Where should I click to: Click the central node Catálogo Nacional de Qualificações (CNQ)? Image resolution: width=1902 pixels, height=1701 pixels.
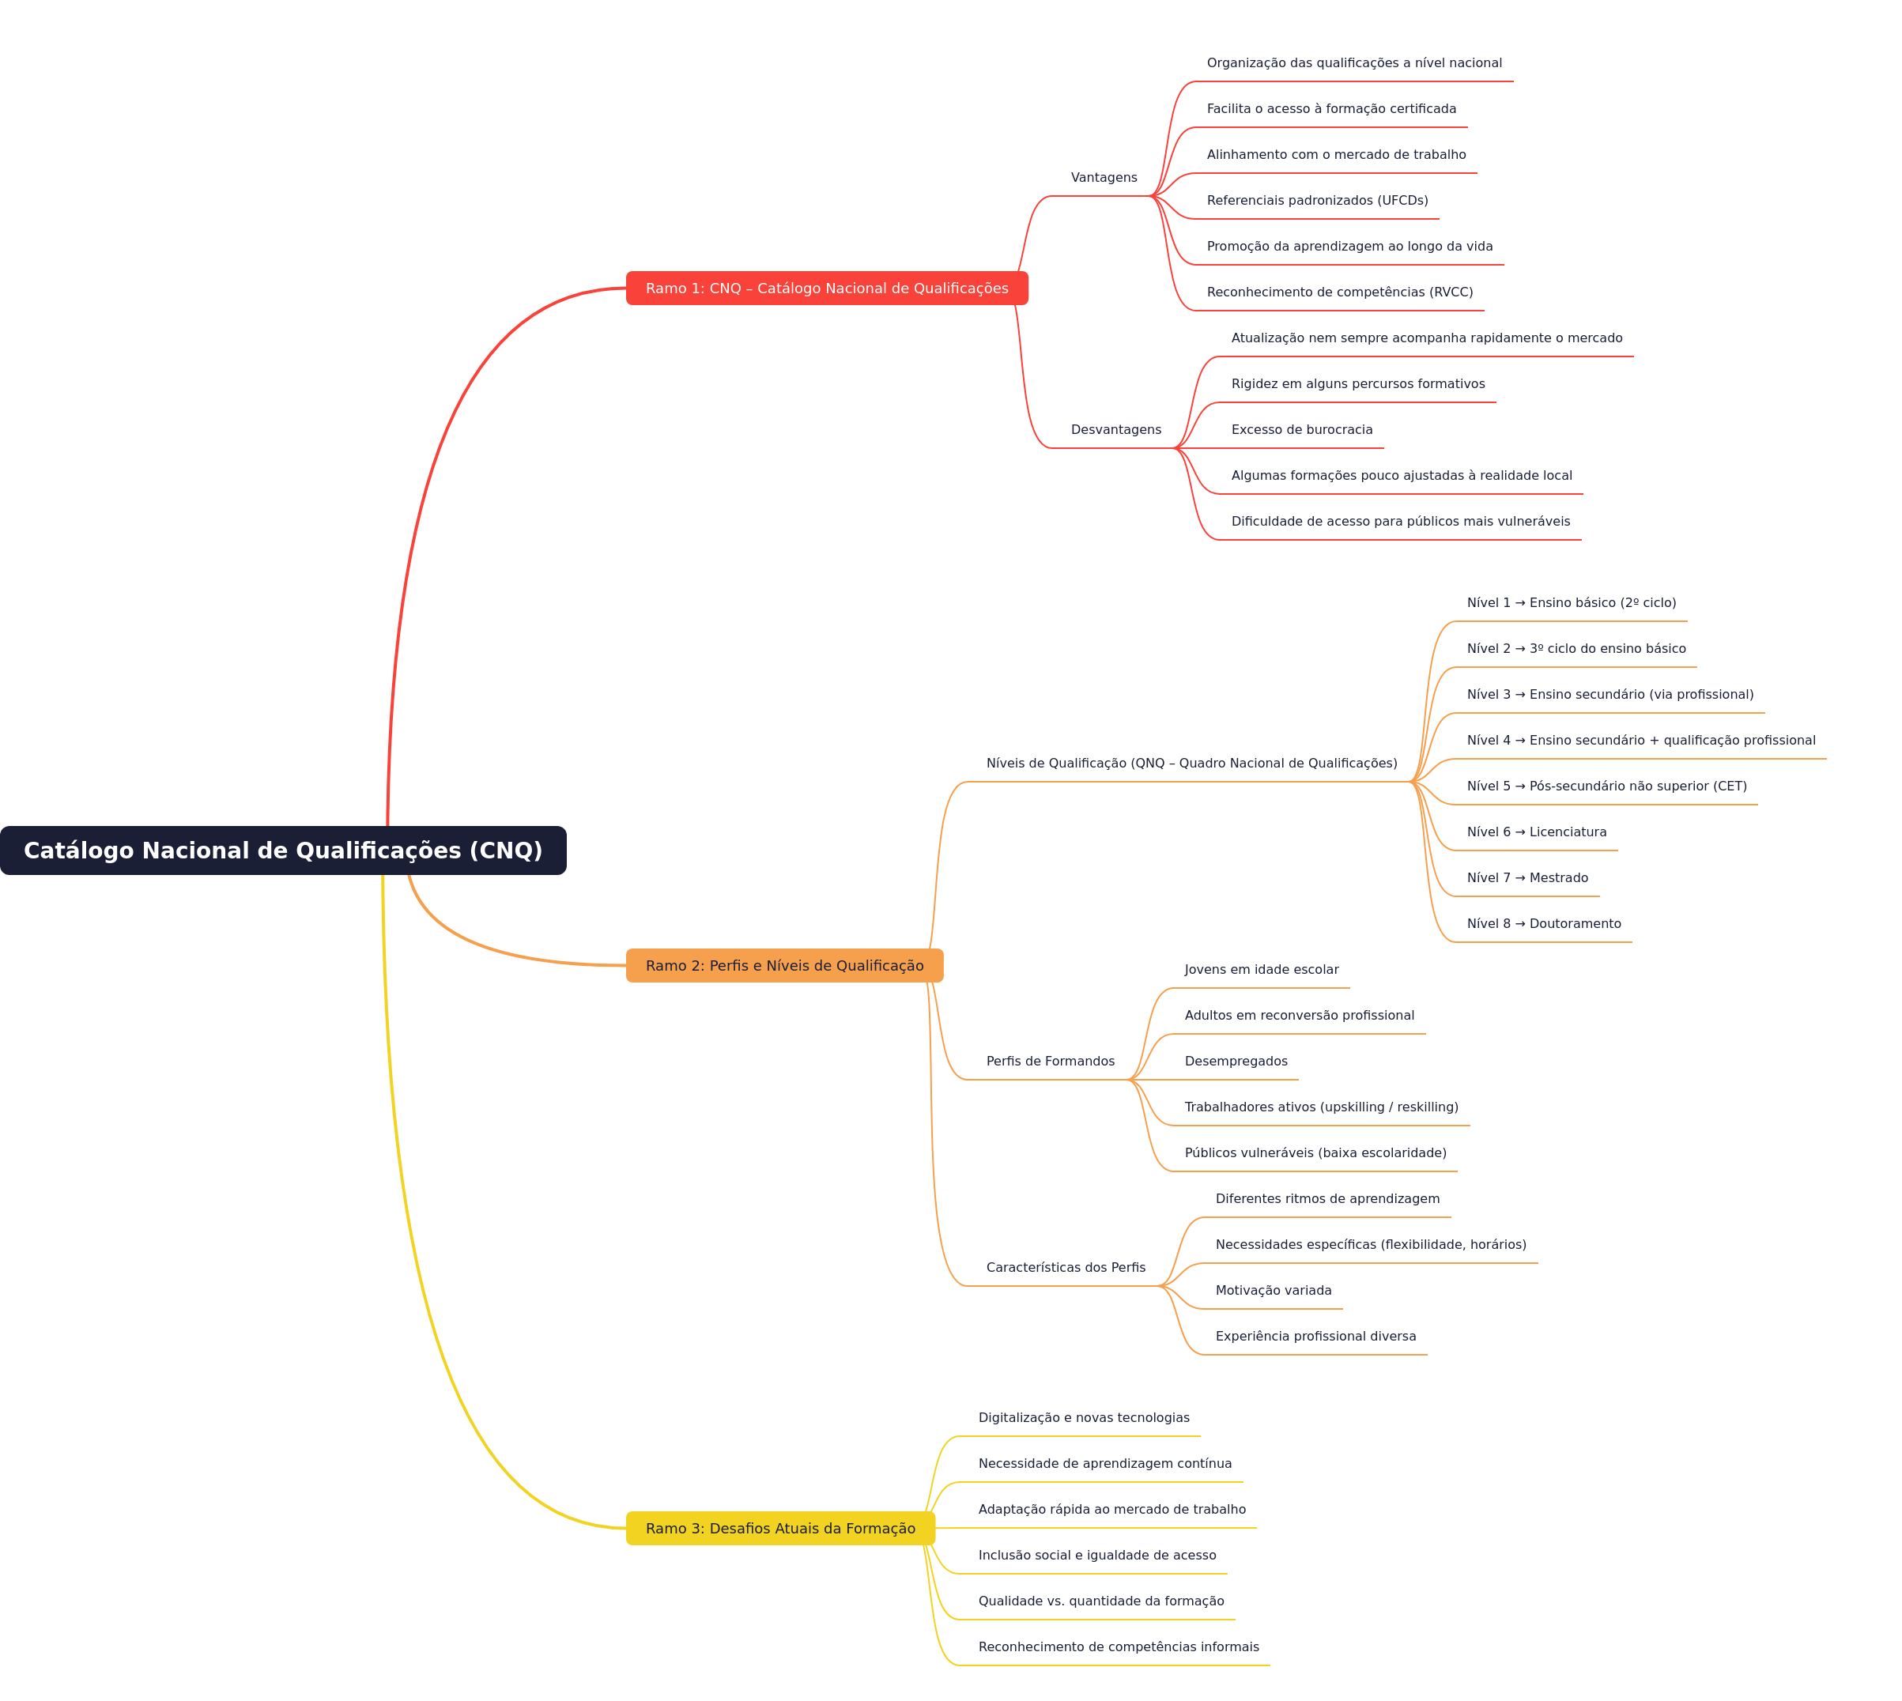tap(283, 850)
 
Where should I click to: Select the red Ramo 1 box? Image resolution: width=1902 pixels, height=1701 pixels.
tap(827, 288)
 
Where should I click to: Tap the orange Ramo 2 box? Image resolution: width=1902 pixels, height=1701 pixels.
tap(785, 965)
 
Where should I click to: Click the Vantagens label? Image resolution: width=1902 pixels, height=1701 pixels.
tap(1104, 178)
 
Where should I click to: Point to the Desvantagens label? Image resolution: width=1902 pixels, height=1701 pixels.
tap(1116, 430)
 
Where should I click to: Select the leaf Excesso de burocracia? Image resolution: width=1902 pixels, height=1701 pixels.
tap(1302, 430)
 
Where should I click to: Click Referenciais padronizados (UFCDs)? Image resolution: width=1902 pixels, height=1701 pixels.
tap(1317, 200)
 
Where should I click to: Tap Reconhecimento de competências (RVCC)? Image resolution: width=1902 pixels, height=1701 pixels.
tap(1339, 292)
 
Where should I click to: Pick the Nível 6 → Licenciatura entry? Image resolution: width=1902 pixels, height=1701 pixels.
tap(1537, 832)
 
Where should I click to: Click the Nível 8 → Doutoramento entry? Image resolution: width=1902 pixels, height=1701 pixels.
tap(1544, 923)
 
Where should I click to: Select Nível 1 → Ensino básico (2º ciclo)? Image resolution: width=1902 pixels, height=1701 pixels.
tap(1571, 603)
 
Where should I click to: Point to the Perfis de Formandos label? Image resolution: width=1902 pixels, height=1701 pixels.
tap(1051, 1061)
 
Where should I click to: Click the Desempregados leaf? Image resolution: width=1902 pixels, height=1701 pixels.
tap(1236, 1061)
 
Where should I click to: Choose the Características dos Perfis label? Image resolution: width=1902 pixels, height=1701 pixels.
tap(1066, 1267)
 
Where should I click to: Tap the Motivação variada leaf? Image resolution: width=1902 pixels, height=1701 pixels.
tap(1273, 1291)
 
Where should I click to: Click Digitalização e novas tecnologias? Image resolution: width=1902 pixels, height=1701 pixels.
tap(1084, 1418)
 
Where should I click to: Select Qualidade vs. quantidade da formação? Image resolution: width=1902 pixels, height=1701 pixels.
tap(1101, 1601)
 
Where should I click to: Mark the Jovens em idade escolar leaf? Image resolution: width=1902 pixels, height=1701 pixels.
tap(1261, 969)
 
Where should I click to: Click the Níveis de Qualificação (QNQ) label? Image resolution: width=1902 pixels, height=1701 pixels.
tap(1191, 764)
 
